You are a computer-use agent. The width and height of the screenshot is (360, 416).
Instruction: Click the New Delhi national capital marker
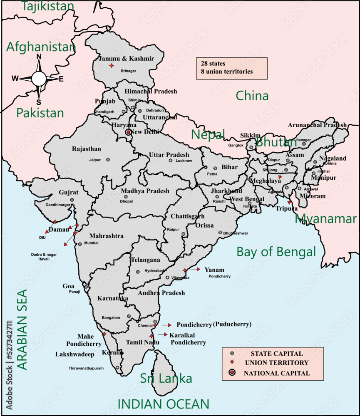click(x=129, y=133)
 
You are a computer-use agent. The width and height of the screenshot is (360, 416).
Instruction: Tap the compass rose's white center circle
click(x=39, y=78)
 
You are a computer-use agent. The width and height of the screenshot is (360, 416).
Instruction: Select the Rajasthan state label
click(x=86, y=149)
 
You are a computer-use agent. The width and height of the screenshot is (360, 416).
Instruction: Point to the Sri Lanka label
click(x=166, y=379)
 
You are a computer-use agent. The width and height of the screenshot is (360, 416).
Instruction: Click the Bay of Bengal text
click(x=276, y=252)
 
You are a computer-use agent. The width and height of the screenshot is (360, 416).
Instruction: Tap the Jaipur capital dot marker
click(x=108, y=160)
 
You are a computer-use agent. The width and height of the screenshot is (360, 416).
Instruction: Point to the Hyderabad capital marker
click(x=138, y=272)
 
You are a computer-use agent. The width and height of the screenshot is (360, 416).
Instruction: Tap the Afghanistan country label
click(x=41, y=47)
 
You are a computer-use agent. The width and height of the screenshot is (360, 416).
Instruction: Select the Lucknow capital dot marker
click(x=171, y=160)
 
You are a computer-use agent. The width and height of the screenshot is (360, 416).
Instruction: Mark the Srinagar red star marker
click(x=111, y=67)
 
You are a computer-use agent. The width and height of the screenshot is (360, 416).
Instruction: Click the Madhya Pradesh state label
click(x=145, y=191)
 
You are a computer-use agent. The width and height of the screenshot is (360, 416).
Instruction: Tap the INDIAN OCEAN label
click(x=163, y=404)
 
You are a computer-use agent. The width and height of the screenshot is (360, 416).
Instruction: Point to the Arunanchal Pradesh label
click(x=317, y=125)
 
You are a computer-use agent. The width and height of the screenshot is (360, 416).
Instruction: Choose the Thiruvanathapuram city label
click(x=92, y=368)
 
